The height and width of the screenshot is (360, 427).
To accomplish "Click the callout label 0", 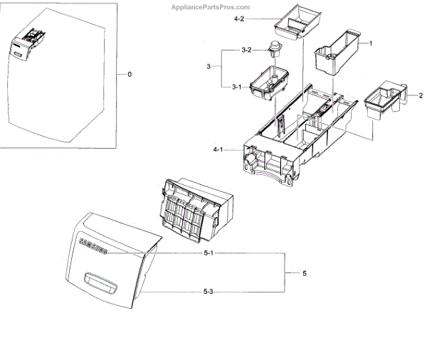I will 129,74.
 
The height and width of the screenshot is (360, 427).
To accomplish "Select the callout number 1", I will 371,43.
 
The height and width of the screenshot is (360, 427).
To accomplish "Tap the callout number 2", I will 420,95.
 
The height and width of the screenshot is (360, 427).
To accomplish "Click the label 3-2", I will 246,50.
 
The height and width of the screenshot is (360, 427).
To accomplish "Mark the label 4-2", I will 239,20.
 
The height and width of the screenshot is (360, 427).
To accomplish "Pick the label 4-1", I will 218,149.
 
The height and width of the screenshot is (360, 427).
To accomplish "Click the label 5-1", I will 209,253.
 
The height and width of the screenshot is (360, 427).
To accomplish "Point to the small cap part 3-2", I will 274,50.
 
